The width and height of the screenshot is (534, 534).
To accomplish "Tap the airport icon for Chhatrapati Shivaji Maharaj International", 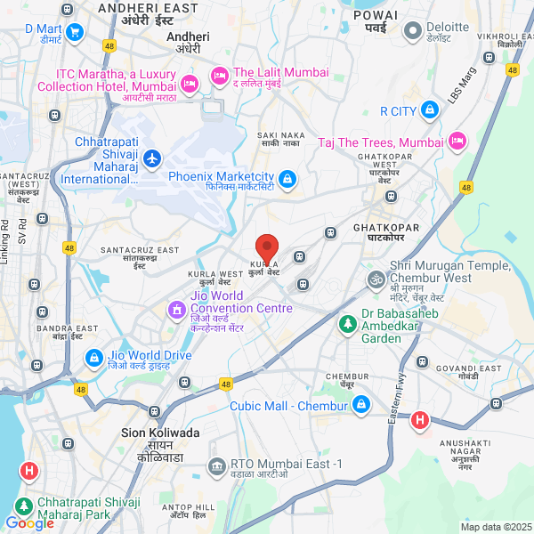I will (x=152, y=158).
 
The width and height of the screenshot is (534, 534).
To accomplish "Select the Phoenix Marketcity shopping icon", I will (x=287, y=181).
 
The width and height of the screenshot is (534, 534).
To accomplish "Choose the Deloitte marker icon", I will (x=412, y=32).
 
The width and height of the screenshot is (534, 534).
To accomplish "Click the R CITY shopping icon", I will (x=431, y=111).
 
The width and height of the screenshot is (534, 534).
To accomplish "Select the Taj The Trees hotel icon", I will (x=457, y=142).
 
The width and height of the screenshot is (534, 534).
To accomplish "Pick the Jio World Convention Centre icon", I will (x=176, y=310).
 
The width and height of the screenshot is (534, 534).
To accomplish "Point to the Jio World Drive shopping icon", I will (x=93, y=358).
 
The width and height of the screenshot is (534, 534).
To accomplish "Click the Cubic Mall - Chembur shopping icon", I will (x=360, y=406).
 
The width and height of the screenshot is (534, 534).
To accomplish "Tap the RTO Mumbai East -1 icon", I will (x=216, y=465).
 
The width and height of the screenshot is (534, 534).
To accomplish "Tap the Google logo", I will (x=28, y=523).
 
